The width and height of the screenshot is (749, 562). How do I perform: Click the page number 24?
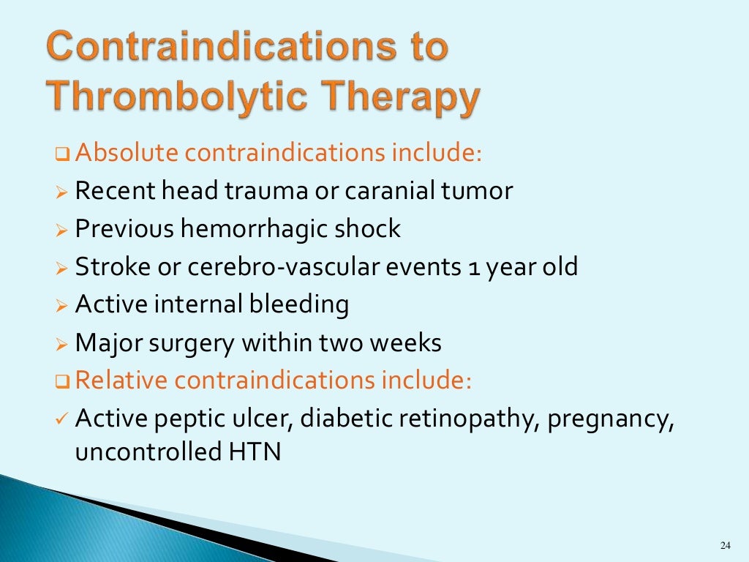point(725,545)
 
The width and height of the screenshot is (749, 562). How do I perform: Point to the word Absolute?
point(127,153)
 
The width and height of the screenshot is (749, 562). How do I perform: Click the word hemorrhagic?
point(254,229)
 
